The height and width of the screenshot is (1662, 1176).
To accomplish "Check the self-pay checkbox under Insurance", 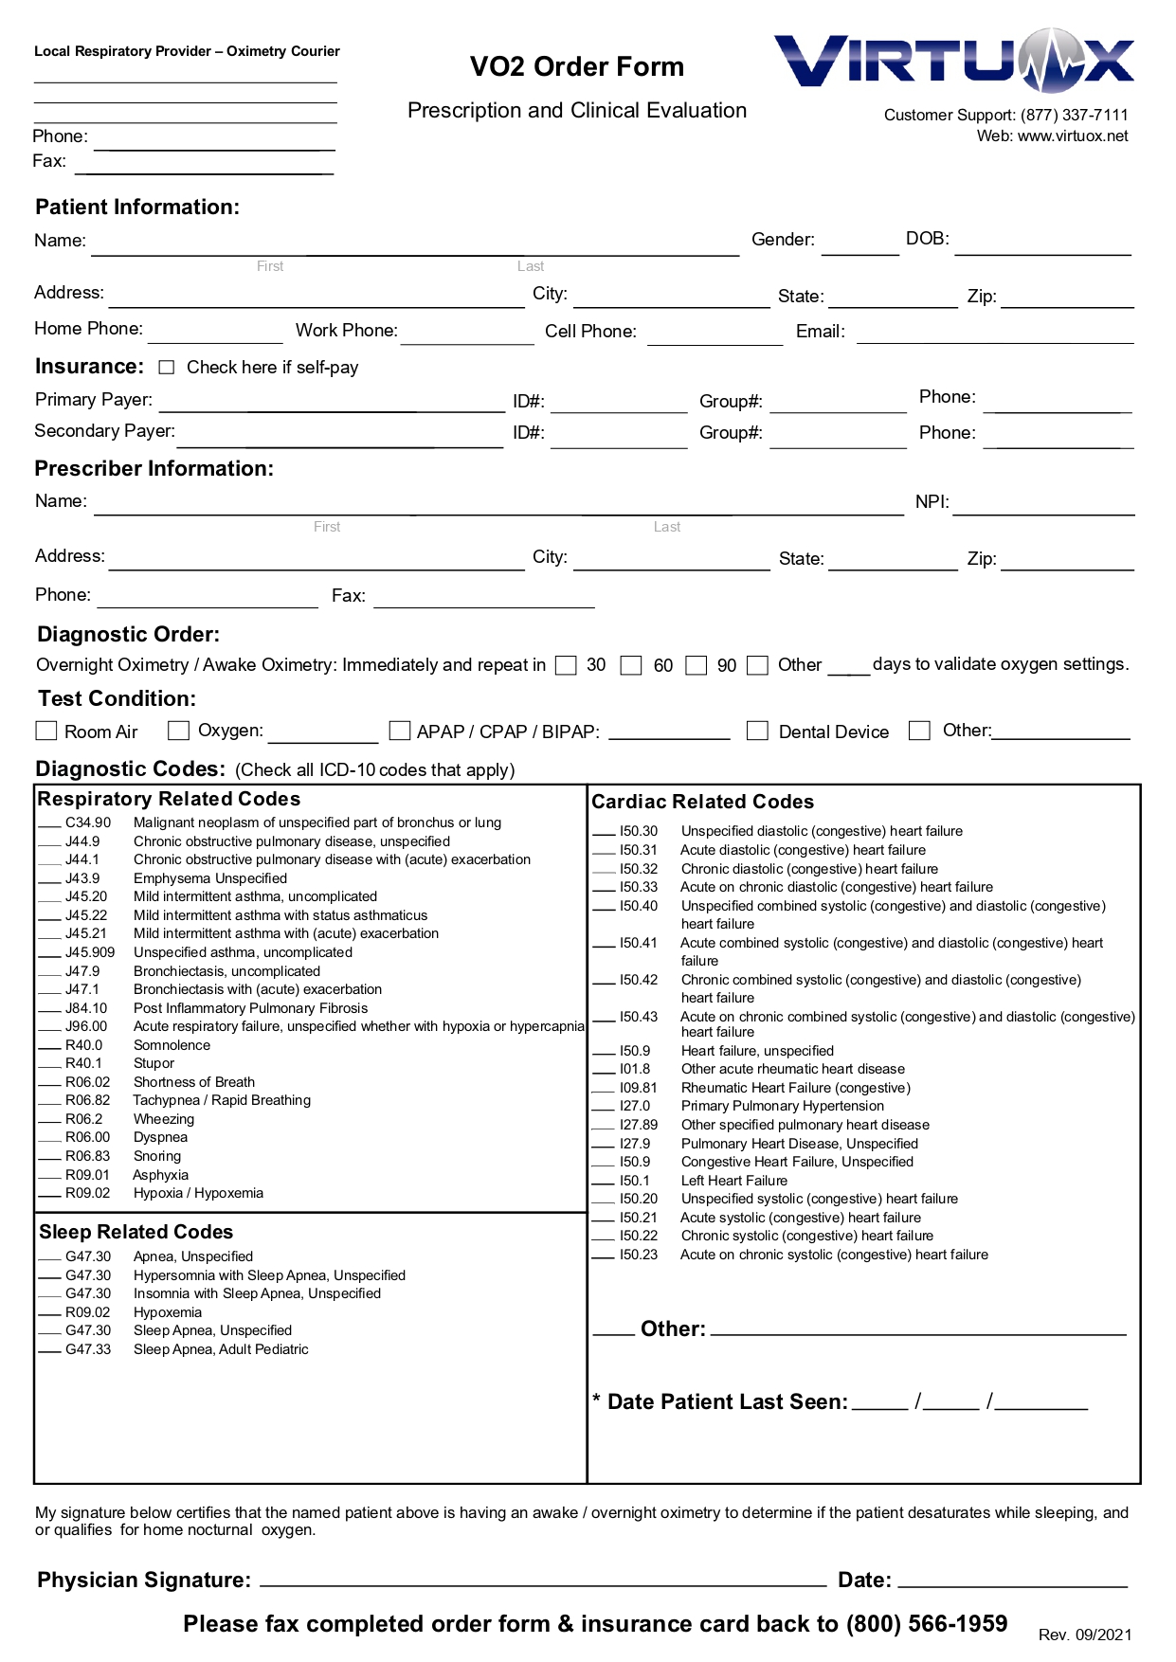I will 167,367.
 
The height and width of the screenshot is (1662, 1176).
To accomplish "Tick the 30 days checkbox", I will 566,665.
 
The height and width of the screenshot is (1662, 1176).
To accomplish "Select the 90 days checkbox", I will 697,665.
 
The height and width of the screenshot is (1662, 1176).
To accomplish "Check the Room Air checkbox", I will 45,731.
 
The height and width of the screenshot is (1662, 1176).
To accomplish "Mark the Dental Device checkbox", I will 757,731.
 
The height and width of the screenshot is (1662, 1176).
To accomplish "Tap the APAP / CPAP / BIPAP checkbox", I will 400,731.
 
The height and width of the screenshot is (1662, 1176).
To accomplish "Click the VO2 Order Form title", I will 576,66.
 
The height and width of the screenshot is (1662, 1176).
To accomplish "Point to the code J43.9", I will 82,878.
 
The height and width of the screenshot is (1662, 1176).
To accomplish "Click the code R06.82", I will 87,1100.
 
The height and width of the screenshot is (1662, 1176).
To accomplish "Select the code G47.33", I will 87,1349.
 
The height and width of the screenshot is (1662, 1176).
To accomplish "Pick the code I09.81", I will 638,1088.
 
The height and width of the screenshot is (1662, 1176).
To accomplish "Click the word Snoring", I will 157,1156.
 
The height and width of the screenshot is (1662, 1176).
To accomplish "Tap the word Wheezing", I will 164,1119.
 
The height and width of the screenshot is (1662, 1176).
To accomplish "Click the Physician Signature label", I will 144,1580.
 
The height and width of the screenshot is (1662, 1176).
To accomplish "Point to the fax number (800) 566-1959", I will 926,1623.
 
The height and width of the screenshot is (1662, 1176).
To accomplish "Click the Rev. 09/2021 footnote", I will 1085,1635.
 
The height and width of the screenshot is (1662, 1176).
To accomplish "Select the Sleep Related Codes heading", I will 136,1232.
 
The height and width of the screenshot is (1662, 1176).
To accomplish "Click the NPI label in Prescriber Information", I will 932,502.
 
